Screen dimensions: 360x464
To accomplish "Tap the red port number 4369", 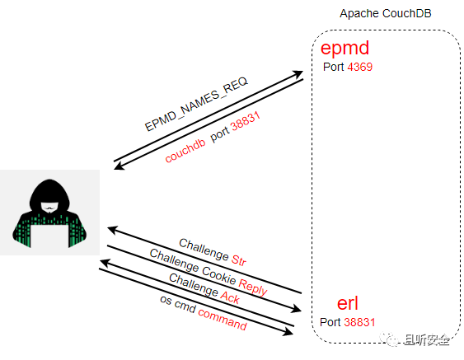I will pos(360,68).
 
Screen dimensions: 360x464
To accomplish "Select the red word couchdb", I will pos(185,148).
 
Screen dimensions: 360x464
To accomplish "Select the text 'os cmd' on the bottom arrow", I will pos(176,304).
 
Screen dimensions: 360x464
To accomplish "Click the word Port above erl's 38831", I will pos(330,321).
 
